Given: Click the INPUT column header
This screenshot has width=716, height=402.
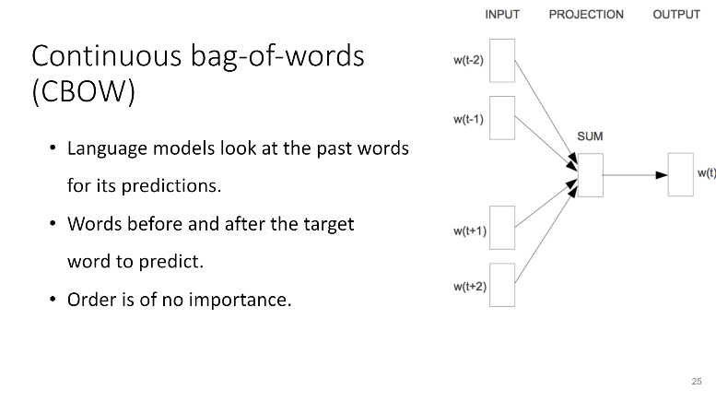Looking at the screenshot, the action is (502, 15).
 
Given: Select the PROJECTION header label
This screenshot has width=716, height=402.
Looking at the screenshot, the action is (586, 15).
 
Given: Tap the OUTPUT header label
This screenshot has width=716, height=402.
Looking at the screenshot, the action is (676, 15).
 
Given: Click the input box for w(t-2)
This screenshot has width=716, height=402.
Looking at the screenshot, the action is (502, 61).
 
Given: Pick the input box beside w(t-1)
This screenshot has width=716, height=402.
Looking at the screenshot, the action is (502, 118).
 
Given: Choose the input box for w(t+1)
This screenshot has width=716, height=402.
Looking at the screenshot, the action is (502, 228).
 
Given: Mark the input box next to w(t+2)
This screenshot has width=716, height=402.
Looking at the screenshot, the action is (502, 285).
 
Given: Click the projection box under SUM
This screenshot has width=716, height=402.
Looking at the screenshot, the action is (591, 175).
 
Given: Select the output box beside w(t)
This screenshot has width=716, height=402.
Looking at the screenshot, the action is (681, 175).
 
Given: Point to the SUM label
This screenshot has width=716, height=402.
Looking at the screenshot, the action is (590, 136).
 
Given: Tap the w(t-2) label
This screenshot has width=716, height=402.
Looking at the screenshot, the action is (468, 60).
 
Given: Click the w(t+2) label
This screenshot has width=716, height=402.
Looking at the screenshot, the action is (470, 287).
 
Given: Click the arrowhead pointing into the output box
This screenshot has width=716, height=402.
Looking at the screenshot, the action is (662, 175).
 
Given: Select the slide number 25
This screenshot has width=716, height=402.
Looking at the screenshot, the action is (697, 382).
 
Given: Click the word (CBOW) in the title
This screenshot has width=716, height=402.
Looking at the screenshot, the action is (84, 91).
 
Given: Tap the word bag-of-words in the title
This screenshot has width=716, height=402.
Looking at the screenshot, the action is (277, 56).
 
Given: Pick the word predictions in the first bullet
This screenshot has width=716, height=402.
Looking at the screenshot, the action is (171, 186).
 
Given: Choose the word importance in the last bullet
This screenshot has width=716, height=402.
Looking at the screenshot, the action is (240, 301).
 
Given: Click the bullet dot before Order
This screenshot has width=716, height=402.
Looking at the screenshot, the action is (53, 300).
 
